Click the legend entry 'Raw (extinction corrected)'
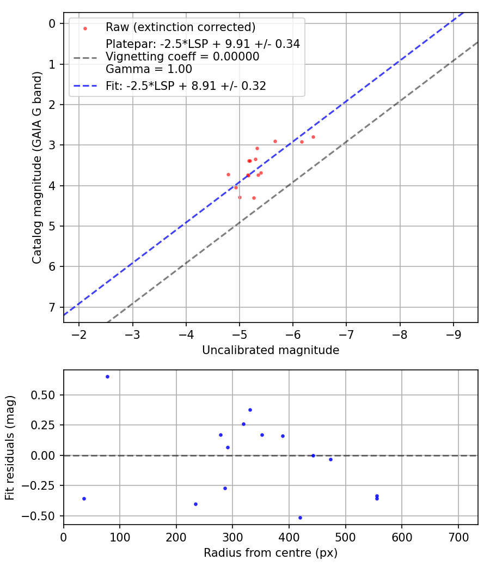click(x=180, y=27)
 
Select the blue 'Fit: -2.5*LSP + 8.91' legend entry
click(x=186, y=86)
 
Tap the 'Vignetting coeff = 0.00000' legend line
click(x=182, y=57)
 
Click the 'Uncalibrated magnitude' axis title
click(x=271, y=350)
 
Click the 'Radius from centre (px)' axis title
click(x=271, y=553)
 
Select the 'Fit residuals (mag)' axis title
click(x=10, y=448)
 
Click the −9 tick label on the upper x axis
click(x=454, y=333)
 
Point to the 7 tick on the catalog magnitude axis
click(x=52, y=307)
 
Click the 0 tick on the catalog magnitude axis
click(x=52, y=23)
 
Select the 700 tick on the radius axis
click(x=458, y=536)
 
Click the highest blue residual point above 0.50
click(x=107, y=376)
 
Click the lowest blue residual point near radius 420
click(x=300, y=518)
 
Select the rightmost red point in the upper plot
click(x=313, y=137)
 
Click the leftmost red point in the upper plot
click(x=228, y=174)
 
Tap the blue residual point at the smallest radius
click(x=84, y=498)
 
